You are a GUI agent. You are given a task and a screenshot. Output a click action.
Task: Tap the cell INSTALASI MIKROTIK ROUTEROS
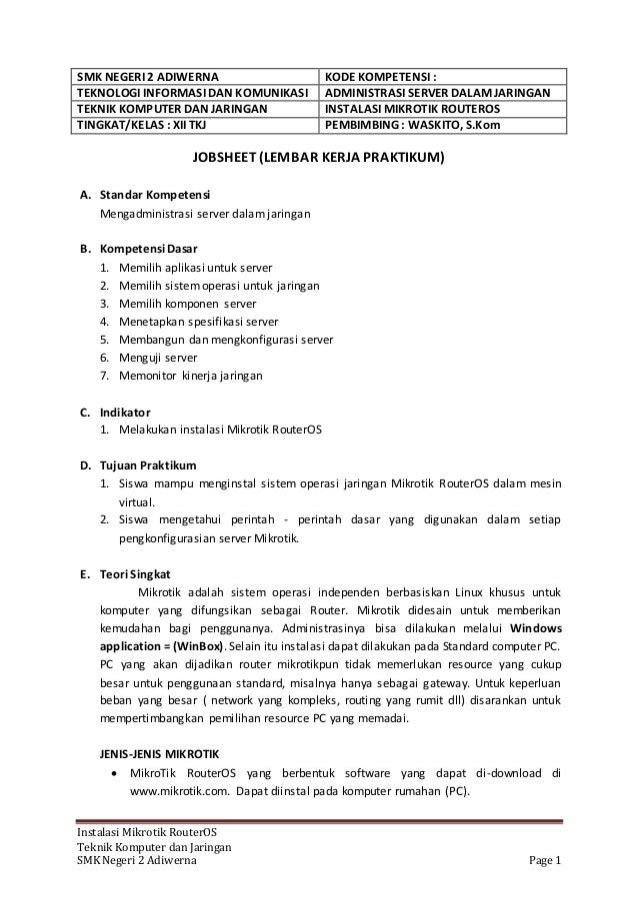point(411,108)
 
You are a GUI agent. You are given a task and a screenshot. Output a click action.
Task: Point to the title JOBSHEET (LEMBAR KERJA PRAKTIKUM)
point(319,158)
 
